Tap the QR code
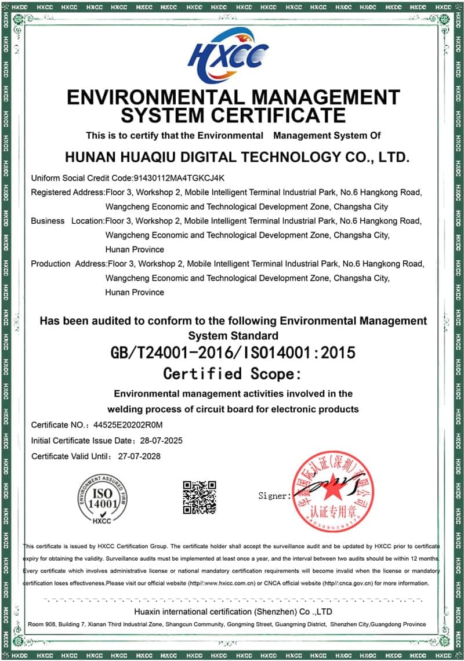(x=200, y=497)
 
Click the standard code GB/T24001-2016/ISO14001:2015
(x=233, y=353)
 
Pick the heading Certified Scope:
(x=233, y=373)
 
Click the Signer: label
(x=274, y=496)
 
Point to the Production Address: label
(x=69, y=264)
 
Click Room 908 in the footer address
(x=42, y=624)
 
